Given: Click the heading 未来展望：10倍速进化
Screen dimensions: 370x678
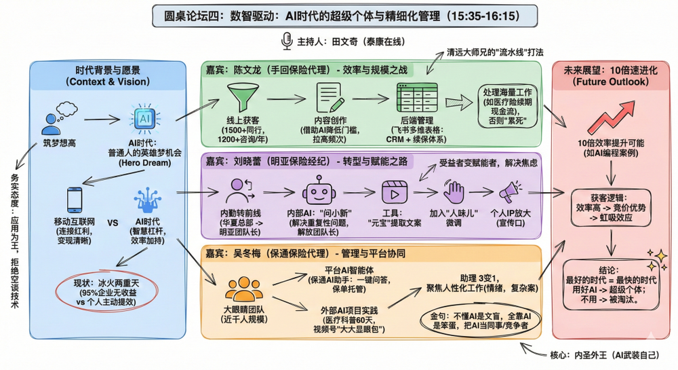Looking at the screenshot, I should (611, 76).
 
